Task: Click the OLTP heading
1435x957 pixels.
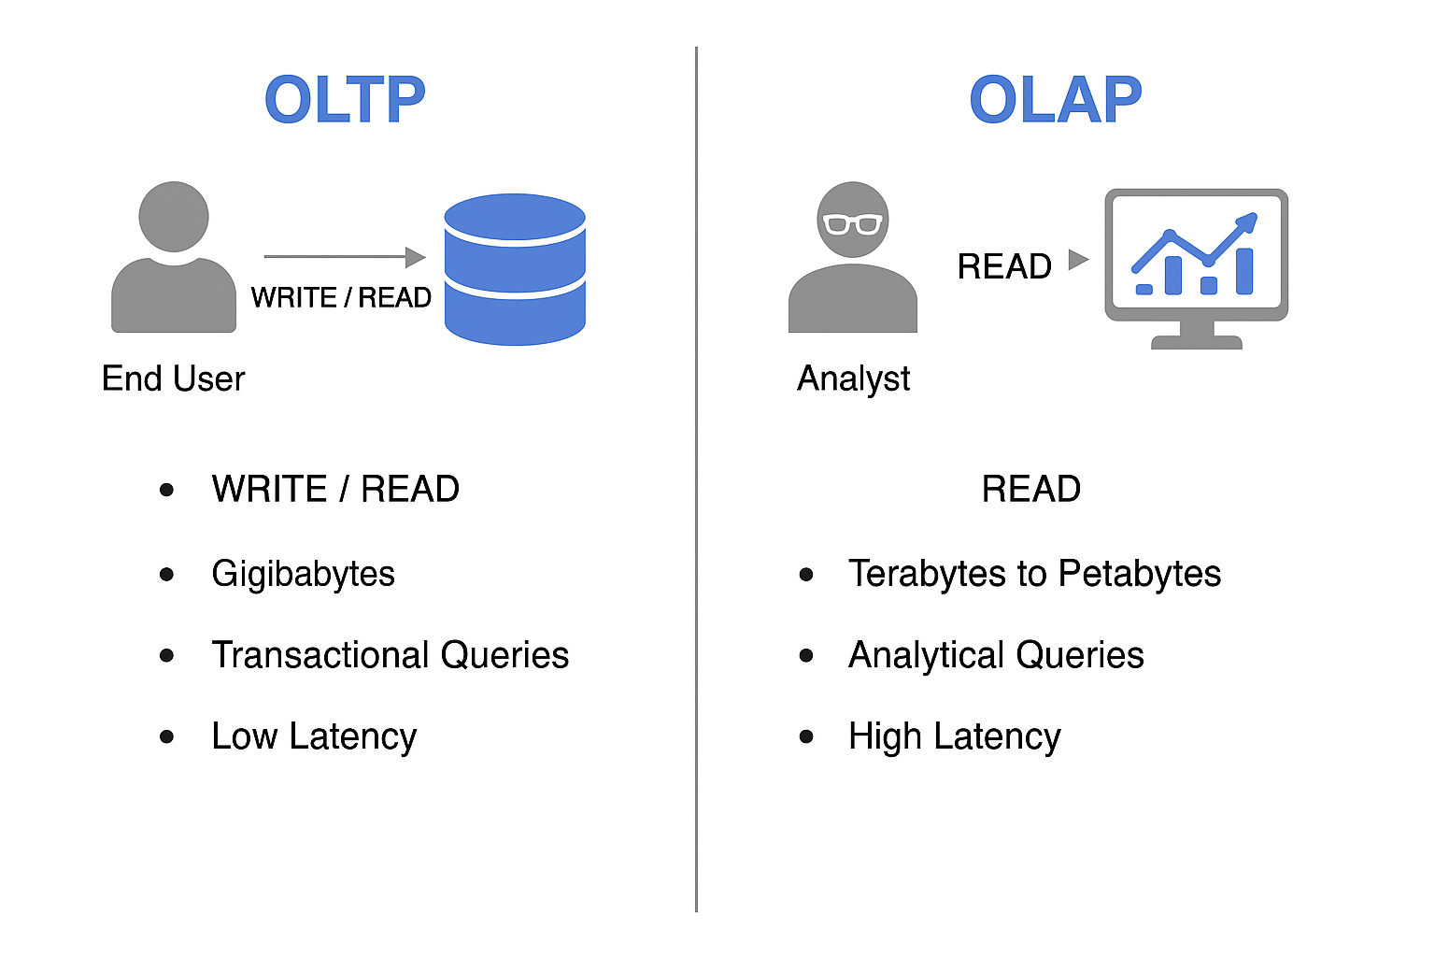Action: (x=345, y=100)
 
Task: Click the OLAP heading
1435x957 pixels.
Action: (x=1056, y=100)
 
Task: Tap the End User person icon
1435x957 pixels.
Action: (x=174, y=257)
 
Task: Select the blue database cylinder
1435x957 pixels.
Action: (x=515, y=269)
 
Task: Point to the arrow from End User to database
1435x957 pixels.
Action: (x=344, y=256)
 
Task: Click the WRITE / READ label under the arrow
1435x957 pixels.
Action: (x=341, y=298)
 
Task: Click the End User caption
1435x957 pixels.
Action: (x=173, y=379)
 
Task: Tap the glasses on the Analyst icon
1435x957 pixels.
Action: (x=853, y=223)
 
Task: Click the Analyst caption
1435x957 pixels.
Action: (x=853, y=379)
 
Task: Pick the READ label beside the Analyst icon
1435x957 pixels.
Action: (x=1004, y=267)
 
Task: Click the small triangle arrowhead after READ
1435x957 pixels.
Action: (x=1078, y=259)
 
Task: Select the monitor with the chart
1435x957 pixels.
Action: (x=1196, y=267)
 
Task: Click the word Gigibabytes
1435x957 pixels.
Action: (x=303, y=574)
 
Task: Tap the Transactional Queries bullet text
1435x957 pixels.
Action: (x=390, y=655)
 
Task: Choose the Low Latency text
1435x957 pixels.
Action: (x=314, y=736)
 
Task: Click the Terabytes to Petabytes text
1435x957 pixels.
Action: (x=1034, y=574)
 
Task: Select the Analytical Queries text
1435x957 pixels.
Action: (x=996, y=655)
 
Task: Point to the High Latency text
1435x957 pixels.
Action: (x=954, y=736)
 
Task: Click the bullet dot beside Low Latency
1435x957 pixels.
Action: (x=167, y=736)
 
